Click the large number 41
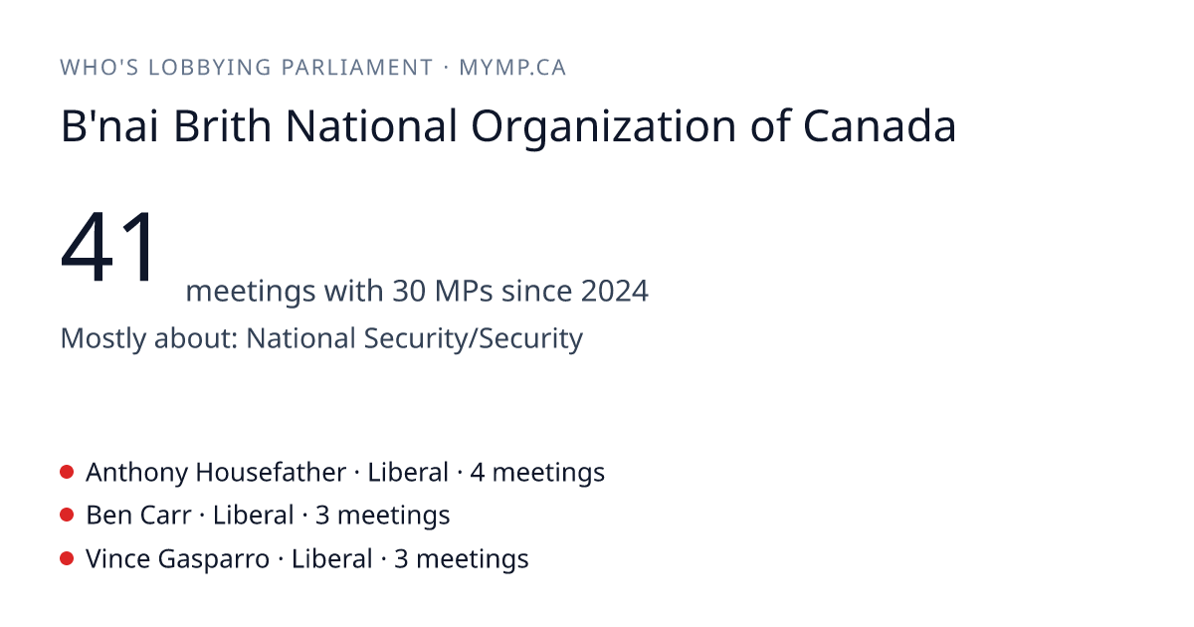click(108, 247)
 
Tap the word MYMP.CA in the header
click(512, 68)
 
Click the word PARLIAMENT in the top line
click(357, 68)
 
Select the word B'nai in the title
click(109, 125)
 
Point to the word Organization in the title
click(603, 128)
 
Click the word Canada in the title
click(880, 125)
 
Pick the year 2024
click(615, 291)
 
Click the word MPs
click(464, 291)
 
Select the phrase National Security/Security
click(415, 339)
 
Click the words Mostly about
click(148, 339)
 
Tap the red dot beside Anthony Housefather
click(67, 472)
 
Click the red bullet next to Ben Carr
click(67, 516)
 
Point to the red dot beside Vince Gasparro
click(67, 558)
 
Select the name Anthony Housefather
click(216, 473)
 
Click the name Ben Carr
click(138, 516)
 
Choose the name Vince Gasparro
click(177, 559)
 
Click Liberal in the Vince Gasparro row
click(331, 559)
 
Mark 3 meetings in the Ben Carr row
click(383, 517)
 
